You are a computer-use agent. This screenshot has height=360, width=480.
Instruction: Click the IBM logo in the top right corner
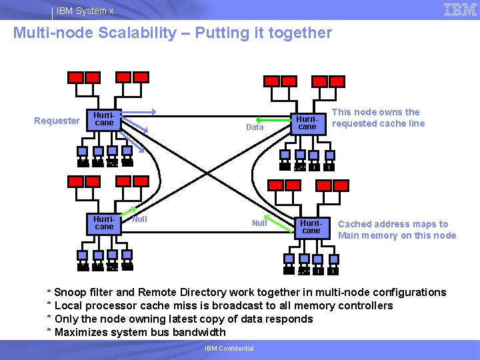pyautogui.click(x=459, y=9)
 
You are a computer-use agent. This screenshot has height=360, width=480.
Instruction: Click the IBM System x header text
pyautogui.click(x=85, y=11)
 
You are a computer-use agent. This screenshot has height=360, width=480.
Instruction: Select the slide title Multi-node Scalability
pyautogui.click(x=172, y=33)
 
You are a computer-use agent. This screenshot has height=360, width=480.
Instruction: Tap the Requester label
pyautogui.click(x=57, y=121)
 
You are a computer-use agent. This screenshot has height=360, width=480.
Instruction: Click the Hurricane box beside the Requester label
pyautogui.click(x=104, y=119)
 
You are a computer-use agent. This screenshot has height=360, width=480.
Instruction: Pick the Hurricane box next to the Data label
pyautogui.click(x=307, y=123)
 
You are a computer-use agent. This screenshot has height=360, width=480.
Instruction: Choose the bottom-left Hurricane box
pyautogui.click(x=104, y=223)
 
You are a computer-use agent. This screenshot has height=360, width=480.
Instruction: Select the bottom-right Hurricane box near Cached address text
pyautogui.click(x=311, y=227)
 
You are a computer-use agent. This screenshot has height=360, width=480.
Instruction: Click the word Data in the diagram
pyautogui.click(x=255, y=127)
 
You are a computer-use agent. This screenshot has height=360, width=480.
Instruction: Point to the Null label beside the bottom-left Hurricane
pyautogui.click(x=139, y=219)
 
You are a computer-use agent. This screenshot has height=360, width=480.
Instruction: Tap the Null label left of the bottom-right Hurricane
pyautogui.click(x=259, y=223)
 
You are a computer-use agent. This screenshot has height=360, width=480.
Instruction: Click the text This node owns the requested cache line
pyautogui.click(x=377, y=118)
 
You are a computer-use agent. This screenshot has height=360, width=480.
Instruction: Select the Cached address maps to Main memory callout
pyautogui.click(x=397, y=229)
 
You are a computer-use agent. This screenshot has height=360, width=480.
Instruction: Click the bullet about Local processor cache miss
pyautogui.click(x=223, y=305)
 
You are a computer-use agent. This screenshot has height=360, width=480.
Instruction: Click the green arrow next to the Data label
pyautogui.click(x=278, y=125)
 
